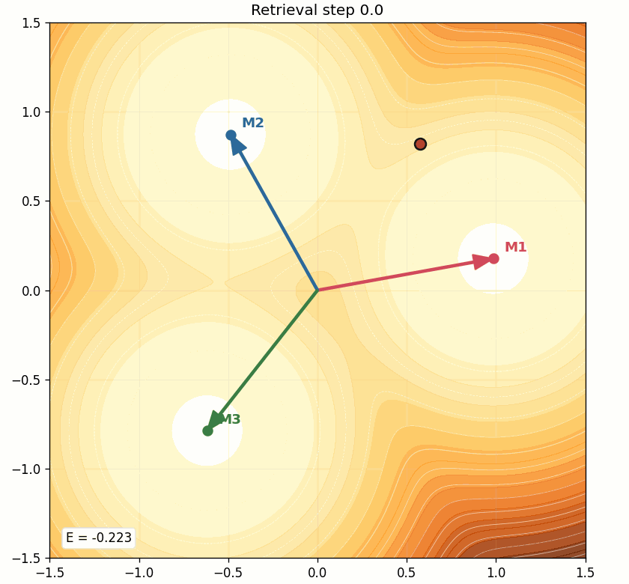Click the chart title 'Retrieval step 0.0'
tap(317, 10)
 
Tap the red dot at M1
tap(493, 258)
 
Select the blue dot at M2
tap(231, 135)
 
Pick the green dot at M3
tap(207, 431)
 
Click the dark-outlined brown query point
tap(420, 144)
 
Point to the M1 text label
tap(515, 247)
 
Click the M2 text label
tap(252, 123)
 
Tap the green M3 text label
tap(231, 419)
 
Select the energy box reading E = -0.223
tap(98, 538)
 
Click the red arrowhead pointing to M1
tap(481, 261)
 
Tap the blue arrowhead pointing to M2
tap(237, 145)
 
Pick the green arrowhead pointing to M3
tap(216, 420)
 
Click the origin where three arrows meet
tap(317, 290)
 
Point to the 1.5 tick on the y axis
tap(32, 22)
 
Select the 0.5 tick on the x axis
tap(407, 573)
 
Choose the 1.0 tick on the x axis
tap(496, 573)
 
